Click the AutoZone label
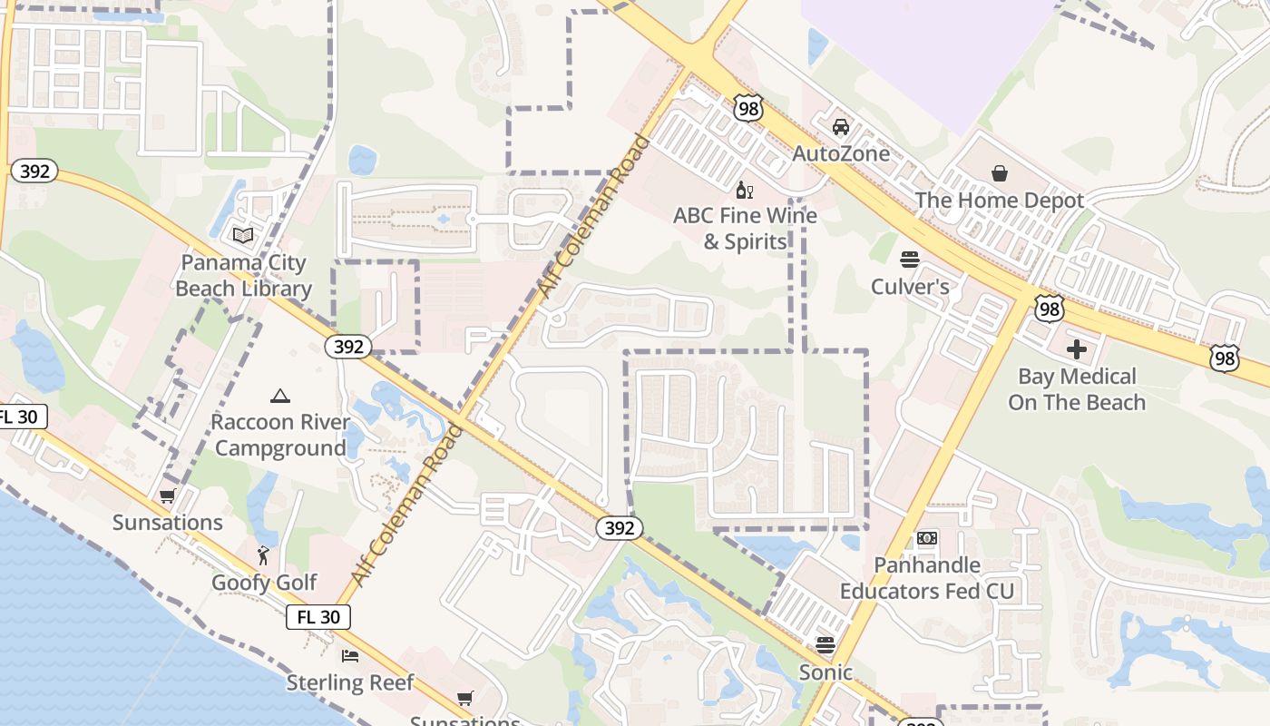(841, 153)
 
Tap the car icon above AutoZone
(841, 127)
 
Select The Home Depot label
(999, 201)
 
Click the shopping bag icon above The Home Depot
(999, 173)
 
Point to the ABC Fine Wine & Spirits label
(745, 229)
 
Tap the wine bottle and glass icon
(745, 190)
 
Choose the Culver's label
(910, 287)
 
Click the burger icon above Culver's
(910, 260)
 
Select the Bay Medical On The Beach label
(1077, 389)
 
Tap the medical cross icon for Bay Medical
(1077, 349)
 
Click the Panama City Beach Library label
(243, 276)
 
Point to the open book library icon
(243, 236)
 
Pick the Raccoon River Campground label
(280, 435)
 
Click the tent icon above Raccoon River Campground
(280, 396)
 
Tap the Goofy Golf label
(264, 583)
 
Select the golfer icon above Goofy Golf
(264, 555)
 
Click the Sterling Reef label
(350, 682)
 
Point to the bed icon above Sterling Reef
(350, 655)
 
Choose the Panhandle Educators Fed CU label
(926, 578)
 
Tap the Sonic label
(825, 672)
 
